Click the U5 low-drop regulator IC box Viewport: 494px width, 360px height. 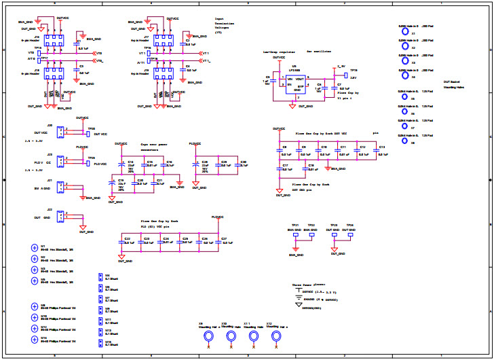(x=294, y=83)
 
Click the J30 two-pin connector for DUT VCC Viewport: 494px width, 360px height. (x=60, y=133)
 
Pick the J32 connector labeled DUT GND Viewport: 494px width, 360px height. (x=60, y=217)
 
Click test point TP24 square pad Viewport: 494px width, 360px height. (x=350, y=236)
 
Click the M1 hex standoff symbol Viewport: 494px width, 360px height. (x=35, y=248)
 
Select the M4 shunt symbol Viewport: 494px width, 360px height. (x=100, y=277)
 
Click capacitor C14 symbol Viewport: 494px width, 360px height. (x=121, y=165)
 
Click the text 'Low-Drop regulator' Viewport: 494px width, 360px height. (x=279, y=51)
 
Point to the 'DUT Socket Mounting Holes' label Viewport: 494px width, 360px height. (x=454, y=85)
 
